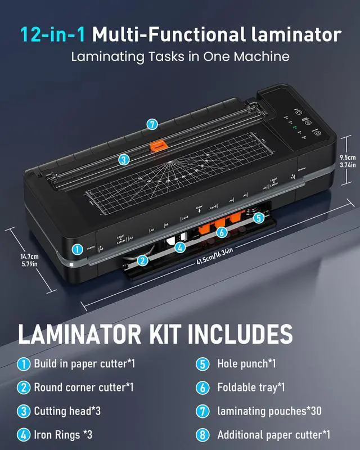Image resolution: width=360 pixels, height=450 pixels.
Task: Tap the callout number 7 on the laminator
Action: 151,124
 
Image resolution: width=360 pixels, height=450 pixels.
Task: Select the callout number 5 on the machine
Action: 258,217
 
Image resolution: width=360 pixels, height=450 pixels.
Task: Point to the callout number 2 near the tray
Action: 143,260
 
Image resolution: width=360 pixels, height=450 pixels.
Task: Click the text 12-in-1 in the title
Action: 53,35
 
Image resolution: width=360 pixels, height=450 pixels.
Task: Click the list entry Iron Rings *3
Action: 62,434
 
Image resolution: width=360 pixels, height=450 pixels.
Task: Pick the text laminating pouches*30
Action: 269,411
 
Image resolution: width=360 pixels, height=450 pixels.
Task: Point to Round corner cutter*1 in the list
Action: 83,387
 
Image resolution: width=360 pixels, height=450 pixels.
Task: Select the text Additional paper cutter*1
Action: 274,434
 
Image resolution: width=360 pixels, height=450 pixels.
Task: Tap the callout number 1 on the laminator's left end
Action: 76,249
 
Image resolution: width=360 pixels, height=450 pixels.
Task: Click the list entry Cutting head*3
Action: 67,411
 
